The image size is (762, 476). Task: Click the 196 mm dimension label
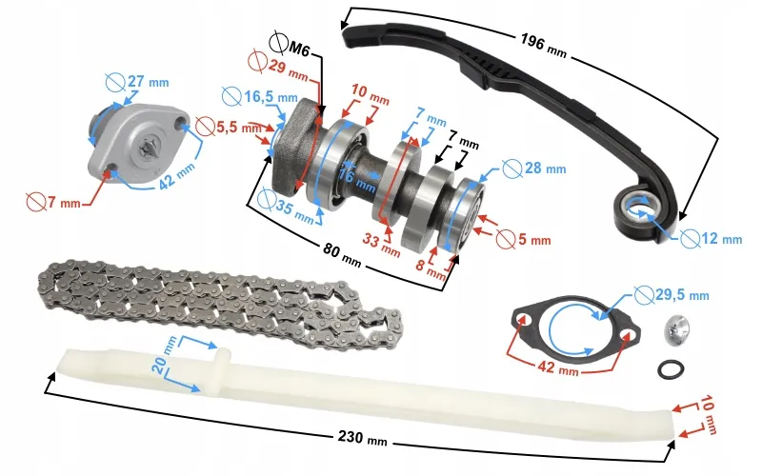click(543, 46)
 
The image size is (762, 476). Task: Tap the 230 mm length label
click(363, 438)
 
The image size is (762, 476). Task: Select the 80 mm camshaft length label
click(342, 255)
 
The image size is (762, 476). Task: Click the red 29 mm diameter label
click(277, 66)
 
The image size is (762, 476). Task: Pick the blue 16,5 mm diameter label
click(259, 97)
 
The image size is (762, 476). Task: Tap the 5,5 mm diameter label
click(229, 127)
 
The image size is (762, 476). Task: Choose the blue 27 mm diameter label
click(137, 82)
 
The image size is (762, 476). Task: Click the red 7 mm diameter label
click(53, 201)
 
